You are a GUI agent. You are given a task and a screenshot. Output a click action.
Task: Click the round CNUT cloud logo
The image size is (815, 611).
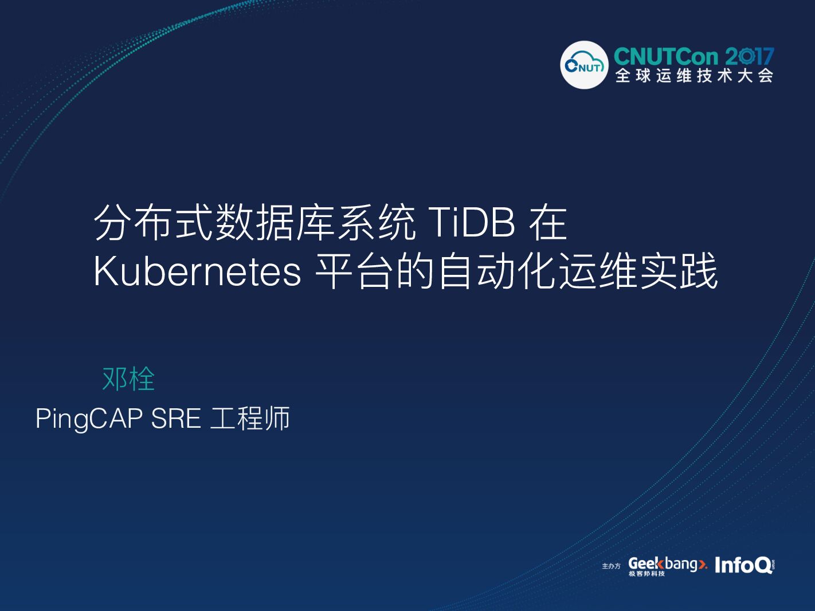point(584,65)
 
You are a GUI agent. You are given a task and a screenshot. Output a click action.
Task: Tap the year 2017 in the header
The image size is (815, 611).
point(749,57)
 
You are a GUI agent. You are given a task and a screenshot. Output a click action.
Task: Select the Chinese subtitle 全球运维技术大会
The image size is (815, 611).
point(694,76)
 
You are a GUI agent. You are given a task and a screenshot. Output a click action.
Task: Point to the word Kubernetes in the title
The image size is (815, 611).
point(197,271)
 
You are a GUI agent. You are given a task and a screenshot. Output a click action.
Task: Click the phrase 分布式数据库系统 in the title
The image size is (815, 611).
point(254,223)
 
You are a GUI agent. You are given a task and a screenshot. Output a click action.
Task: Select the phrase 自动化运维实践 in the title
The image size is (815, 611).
point(577,271)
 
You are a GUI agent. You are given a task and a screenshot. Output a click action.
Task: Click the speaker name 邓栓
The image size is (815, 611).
point(128,379)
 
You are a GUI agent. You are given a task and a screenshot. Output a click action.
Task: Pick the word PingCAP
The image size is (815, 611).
point(89,419)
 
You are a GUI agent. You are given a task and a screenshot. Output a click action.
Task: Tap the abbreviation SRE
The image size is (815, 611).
point(176,419)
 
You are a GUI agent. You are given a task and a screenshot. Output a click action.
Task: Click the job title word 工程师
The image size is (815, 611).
point(250,419)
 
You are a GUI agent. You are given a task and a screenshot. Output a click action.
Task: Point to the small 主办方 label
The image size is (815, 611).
point(611,566)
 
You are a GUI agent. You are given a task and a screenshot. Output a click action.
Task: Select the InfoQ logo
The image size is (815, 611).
point(743,565)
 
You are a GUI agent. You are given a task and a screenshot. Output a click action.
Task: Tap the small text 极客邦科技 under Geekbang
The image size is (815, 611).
point(646,574)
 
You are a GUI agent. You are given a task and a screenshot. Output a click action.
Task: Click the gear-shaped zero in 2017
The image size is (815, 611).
point(746,57)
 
